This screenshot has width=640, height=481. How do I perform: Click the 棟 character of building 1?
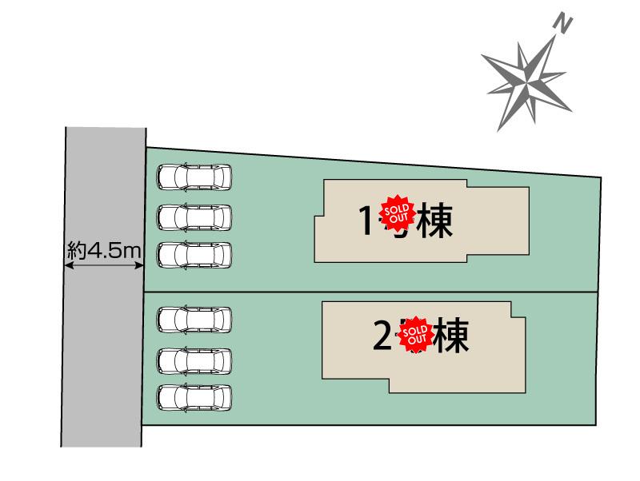point(434,221)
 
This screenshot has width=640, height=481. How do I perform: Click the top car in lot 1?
point(194,177)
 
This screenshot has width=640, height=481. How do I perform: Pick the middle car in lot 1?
point(194,216)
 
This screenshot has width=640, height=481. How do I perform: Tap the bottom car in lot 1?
point(194,255)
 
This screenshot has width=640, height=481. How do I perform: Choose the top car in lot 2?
point(194,320)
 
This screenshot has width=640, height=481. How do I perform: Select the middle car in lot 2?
point(194,360)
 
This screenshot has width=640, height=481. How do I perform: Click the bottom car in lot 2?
point(194,397)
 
